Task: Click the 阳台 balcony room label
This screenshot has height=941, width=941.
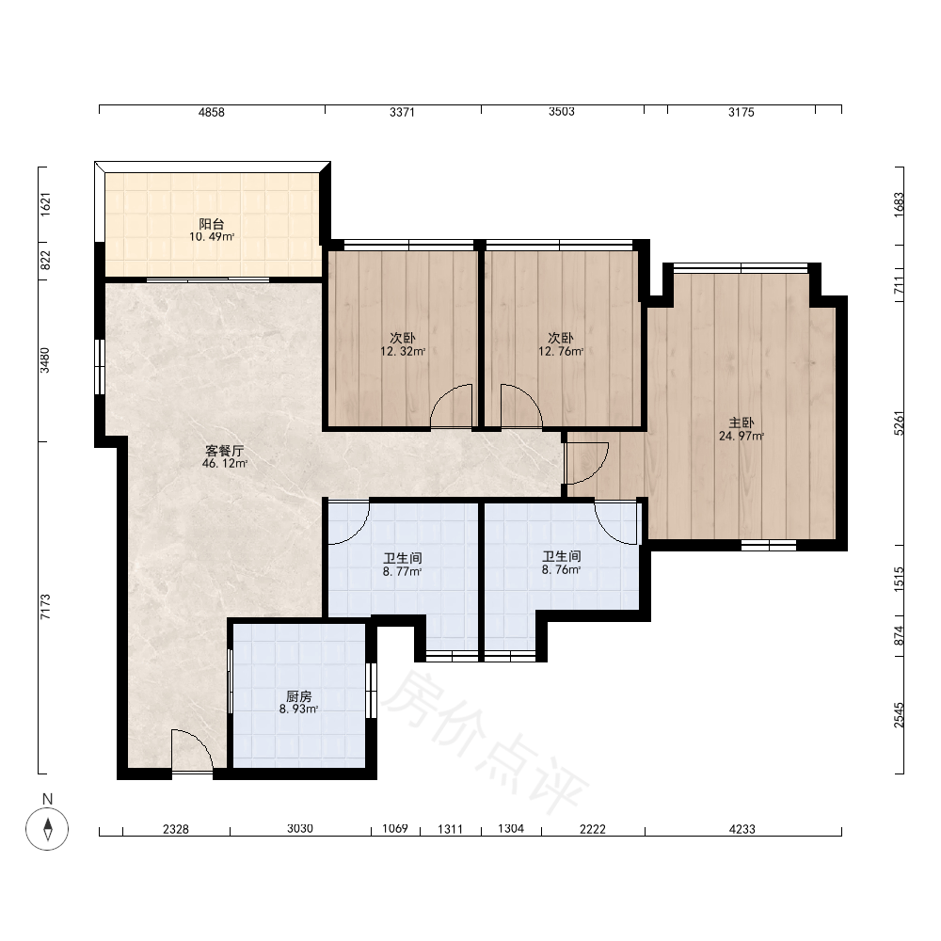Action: coord(211,224)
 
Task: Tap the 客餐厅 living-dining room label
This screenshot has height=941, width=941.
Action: coord(225,451)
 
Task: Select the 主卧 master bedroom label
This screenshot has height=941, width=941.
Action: coord(742,423)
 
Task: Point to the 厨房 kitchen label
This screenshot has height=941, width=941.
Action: coord(298,696)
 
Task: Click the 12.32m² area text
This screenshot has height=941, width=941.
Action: coord(403,352)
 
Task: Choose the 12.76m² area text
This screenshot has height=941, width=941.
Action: coord(561,352)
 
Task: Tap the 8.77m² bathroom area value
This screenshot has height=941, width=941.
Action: coord(402,572)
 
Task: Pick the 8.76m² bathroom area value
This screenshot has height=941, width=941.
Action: coord(561,570)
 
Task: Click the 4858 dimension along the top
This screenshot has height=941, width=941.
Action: coord(211,112)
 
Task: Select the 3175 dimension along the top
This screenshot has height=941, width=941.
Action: coord(742,112)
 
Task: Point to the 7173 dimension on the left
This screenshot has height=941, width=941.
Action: coord(45,607)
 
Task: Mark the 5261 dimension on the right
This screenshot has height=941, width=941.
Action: coord(899,423)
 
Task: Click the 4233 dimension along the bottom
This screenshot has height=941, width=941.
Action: coord(742,829)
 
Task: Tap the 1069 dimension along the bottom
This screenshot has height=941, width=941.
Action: coord(395,829)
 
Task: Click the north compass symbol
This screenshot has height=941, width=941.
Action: coord(47,829)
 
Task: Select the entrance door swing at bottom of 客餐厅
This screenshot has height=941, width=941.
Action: coord(192,751)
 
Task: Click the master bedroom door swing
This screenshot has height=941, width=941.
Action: coord(587,463)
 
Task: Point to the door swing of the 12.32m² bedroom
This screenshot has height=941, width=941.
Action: coord(452,406)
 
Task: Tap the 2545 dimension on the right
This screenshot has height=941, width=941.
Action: coord(899,715)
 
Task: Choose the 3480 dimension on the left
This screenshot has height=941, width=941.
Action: coord(45,360)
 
